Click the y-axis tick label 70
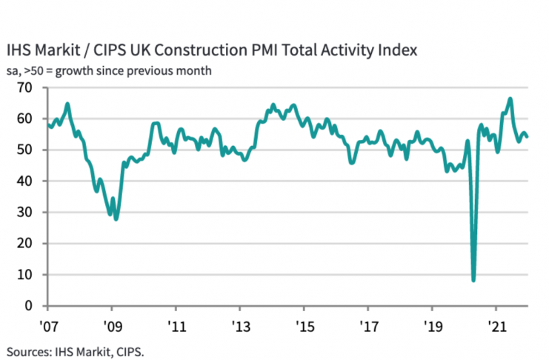coord(27,87)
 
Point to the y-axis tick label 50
coord(27,150)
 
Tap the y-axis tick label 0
coord(30,305)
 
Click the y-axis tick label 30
coord(27,212)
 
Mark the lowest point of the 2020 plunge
coord(473,280)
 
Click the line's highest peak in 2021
coord(510,99)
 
